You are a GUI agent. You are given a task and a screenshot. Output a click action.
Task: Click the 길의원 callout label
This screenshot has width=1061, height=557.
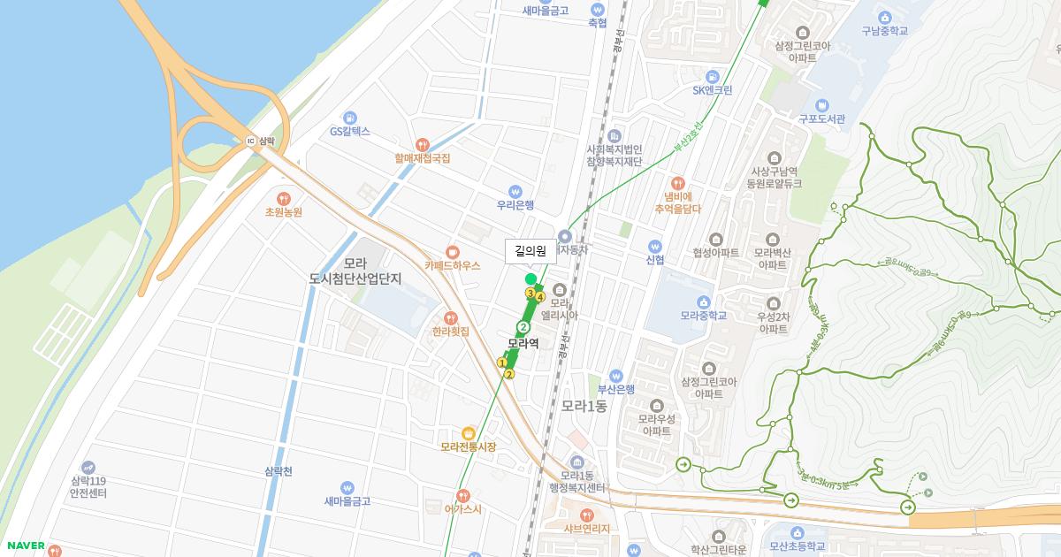point(530,251)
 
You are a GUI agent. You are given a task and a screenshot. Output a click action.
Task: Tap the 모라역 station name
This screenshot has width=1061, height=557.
point(523,343)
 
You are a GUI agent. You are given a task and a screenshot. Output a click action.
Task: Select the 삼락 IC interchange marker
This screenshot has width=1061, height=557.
point(251,141)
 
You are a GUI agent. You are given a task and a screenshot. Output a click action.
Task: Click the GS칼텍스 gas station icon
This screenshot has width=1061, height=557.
point(350,118)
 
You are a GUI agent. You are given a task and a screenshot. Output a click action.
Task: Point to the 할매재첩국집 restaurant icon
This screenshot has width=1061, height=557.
point(423,144)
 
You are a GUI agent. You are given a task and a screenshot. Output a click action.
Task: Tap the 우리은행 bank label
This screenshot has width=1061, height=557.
point(515,205)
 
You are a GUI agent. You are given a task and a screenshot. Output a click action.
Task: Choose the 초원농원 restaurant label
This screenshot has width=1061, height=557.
point(284,212)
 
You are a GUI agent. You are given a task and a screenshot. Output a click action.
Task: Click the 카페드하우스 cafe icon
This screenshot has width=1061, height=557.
point(452,251)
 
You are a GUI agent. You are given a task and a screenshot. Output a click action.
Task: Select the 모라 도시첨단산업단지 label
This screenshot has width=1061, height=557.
point(355,271)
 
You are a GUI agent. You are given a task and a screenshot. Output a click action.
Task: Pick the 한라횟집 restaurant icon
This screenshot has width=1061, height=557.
point(451,317)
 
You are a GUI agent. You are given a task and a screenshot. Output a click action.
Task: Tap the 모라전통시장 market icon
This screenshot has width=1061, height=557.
point(468,433)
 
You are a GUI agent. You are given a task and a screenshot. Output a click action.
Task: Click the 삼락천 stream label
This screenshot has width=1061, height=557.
point(278,471)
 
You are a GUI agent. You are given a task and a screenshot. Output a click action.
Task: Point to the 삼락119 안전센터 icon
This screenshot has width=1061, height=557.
point(88,467)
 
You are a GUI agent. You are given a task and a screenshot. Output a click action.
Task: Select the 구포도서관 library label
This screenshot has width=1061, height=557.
point(822,118)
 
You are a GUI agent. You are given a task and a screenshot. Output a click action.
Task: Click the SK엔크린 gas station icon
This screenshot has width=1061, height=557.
point(712,76)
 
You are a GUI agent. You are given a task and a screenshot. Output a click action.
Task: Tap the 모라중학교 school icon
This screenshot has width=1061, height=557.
point(704,301)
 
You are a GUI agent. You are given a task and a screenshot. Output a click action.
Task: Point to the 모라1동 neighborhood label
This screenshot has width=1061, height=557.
point(584,407)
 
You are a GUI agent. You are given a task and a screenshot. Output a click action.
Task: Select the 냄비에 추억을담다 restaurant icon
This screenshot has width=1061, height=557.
point(678,181)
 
